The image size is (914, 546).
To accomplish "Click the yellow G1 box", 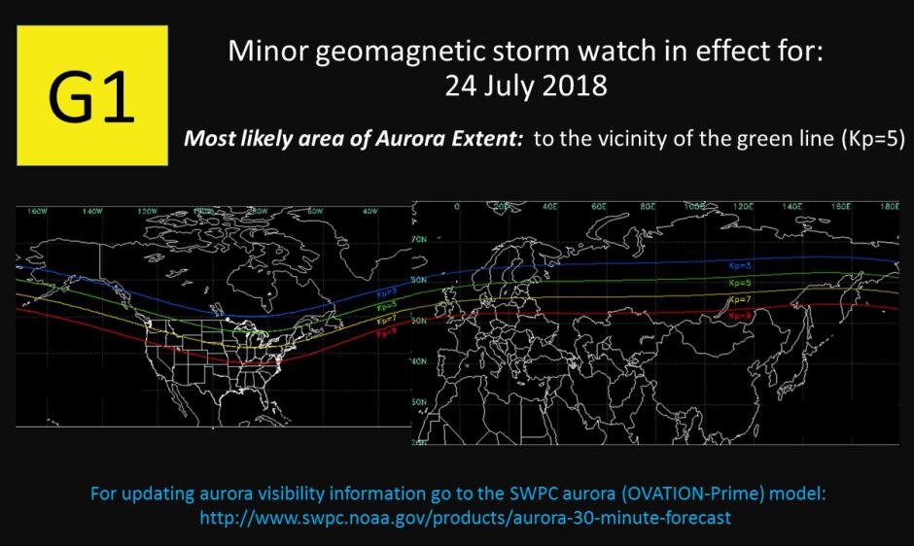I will point(92,95).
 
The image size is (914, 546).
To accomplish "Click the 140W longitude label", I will point(93,210).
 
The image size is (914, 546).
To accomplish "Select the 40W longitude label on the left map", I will point(369,210).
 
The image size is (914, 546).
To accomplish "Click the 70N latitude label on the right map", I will point(420,238).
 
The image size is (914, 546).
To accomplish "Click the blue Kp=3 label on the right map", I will point(741,264).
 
